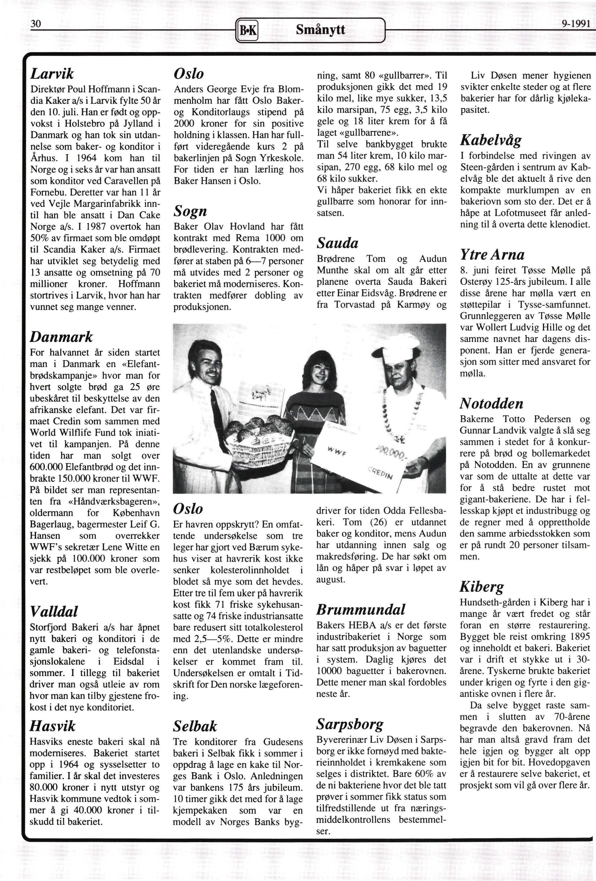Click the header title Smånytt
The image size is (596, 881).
321,29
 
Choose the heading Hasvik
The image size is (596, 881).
52,726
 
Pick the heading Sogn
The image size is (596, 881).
190,211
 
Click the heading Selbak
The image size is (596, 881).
195,726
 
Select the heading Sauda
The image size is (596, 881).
337,243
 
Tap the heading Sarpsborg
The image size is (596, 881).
350,724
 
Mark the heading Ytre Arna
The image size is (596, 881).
492,254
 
